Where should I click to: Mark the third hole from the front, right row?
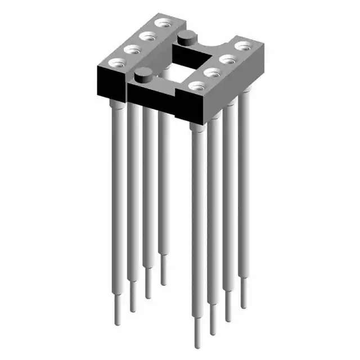click(x=228, y=58)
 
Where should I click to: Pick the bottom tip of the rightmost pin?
click(x=244, y=307)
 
